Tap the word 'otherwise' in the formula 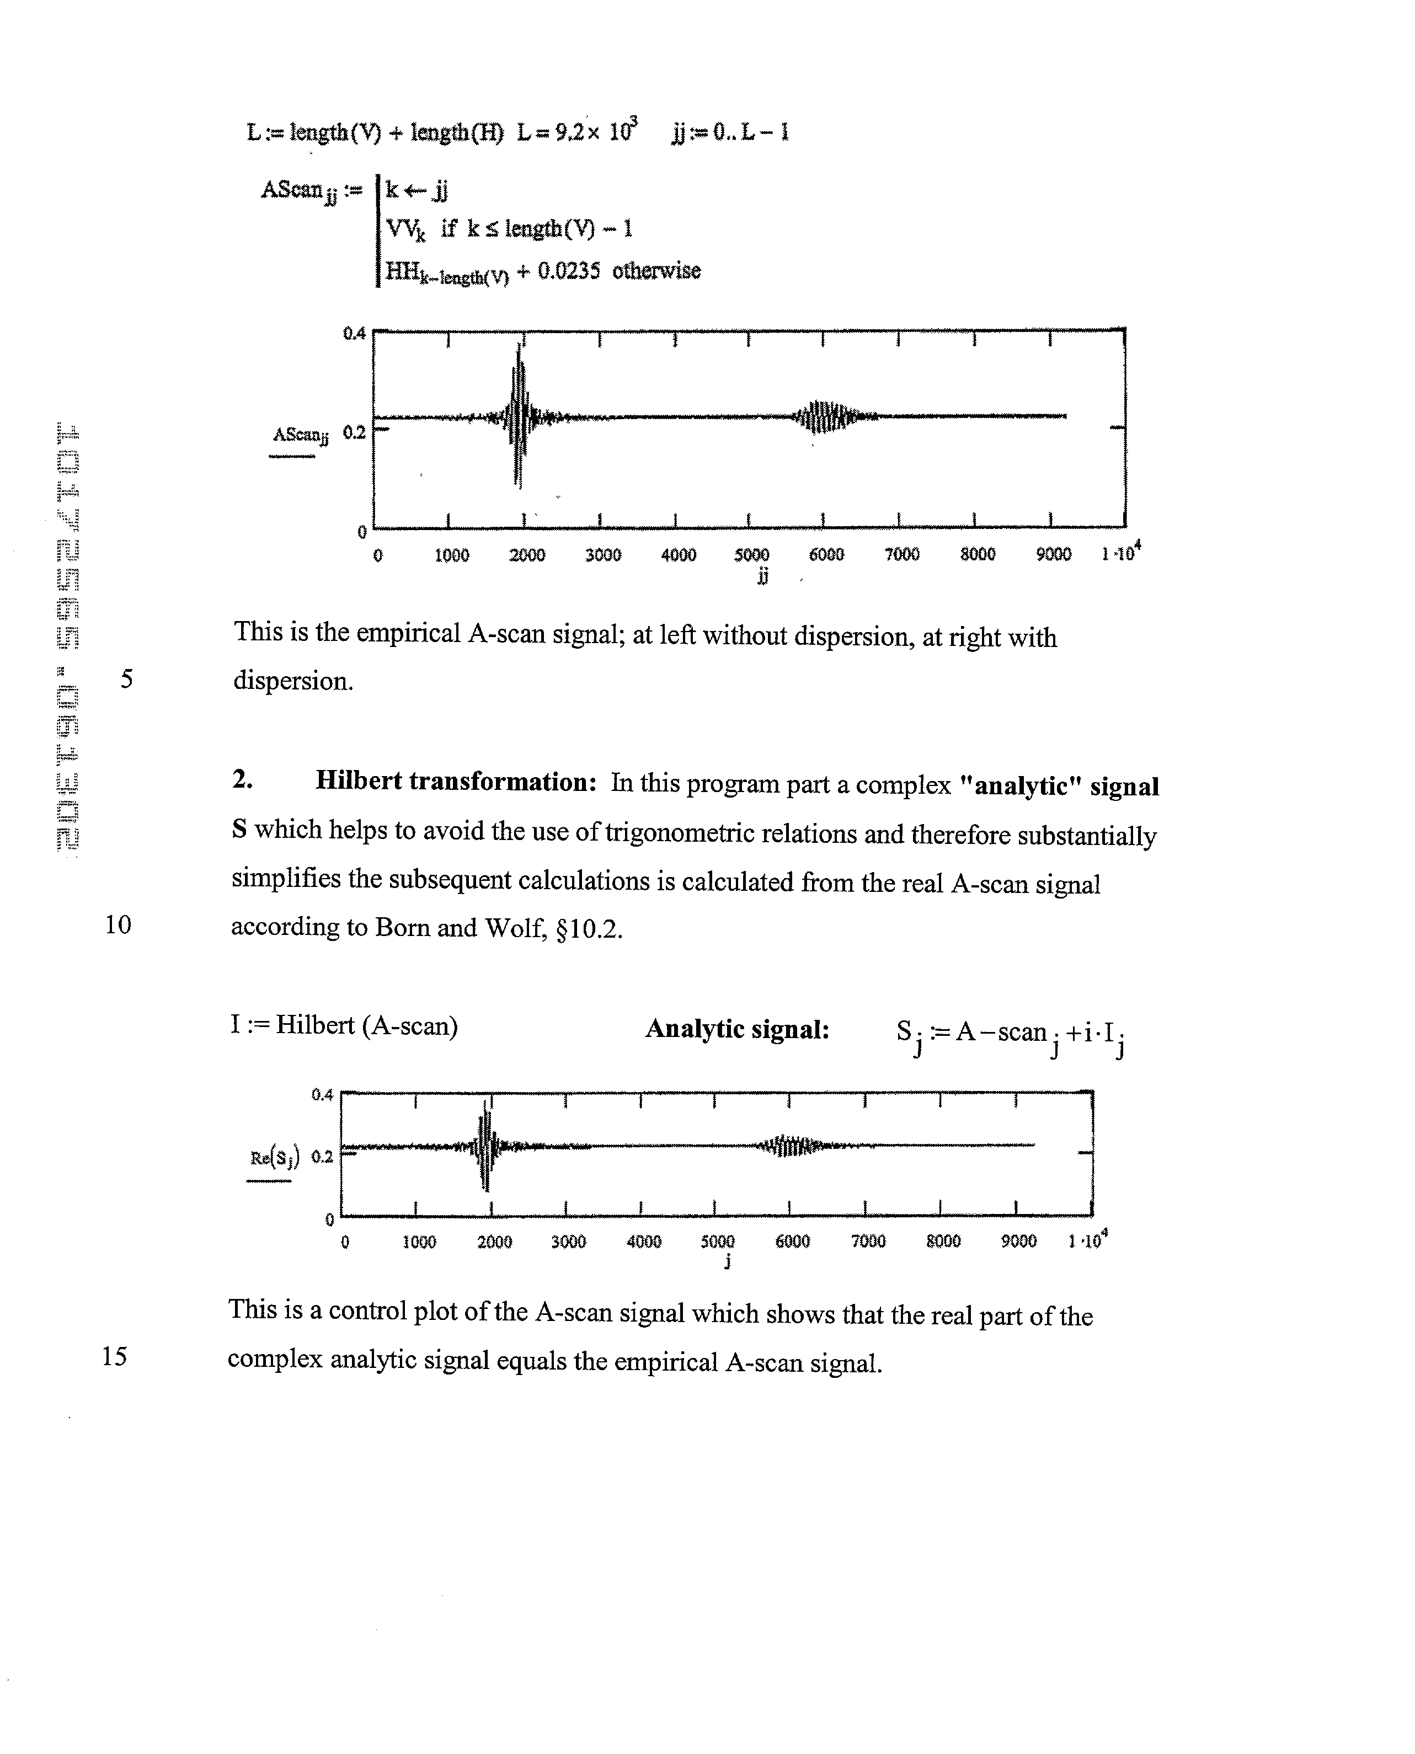click(656, 271)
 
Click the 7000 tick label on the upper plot click(901, 555)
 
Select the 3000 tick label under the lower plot click(568, 1242)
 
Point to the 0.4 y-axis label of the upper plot click(354, 333)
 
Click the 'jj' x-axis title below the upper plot click(762, 577)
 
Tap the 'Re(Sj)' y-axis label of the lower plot click(274, 1157)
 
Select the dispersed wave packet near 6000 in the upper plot click(825, 416)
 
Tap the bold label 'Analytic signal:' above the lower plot click(737, 1029)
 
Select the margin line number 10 click(118, 924)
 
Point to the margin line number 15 click(115, 1355)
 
